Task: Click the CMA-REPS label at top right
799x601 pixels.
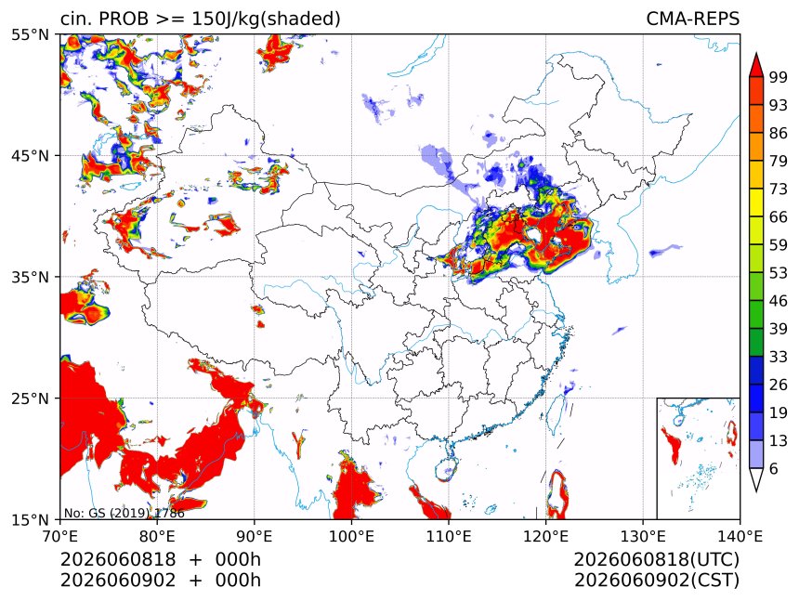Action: (692, 19)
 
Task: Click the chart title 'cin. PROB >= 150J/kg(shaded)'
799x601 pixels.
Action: (201, 19)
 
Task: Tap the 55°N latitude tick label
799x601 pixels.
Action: (31, 35)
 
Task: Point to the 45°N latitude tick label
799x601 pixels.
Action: (31, 155)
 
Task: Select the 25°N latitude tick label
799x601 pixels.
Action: (31, 398)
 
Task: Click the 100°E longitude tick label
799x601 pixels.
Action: (351, 536)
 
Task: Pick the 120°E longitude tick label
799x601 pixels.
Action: (545, 536)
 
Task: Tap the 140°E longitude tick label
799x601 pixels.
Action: (739, 536)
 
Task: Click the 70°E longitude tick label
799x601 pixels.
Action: (60, 536)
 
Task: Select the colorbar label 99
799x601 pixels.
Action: (779, 77)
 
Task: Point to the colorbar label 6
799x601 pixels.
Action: (774, 468)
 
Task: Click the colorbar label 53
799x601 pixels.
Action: (779, 273)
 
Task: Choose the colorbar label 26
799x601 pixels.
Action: (779, 385)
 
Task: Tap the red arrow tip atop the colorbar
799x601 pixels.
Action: (755, 53)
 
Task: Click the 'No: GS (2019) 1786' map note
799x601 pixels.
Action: (124, 513)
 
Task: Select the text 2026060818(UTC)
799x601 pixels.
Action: (656, 559)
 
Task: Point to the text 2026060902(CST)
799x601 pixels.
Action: (656, 581)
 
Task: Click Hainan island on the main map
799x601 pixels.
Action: (446, 470)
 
